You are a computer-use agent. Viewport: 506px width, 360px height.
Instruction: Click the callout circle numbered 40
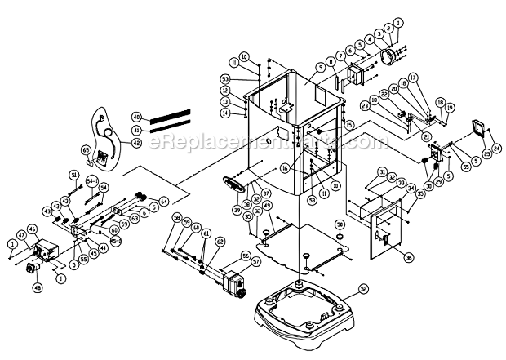pyautogui.click(x=136, y=117)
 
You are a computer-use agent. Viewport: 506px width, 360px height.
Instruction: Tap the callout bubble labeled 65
pyautogui.click(x=86, y=150)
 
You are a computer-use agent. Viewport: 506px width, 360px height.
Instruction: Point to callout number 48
pyautogui.click(x=38, y=288)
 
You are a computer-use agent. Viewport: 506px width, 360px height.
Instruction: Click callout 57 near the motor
pyautogui.click(x=246, y=262)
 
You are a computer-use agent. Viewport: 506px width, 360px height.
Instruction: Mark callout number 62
pyautogui.click(x=220, y=242)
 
